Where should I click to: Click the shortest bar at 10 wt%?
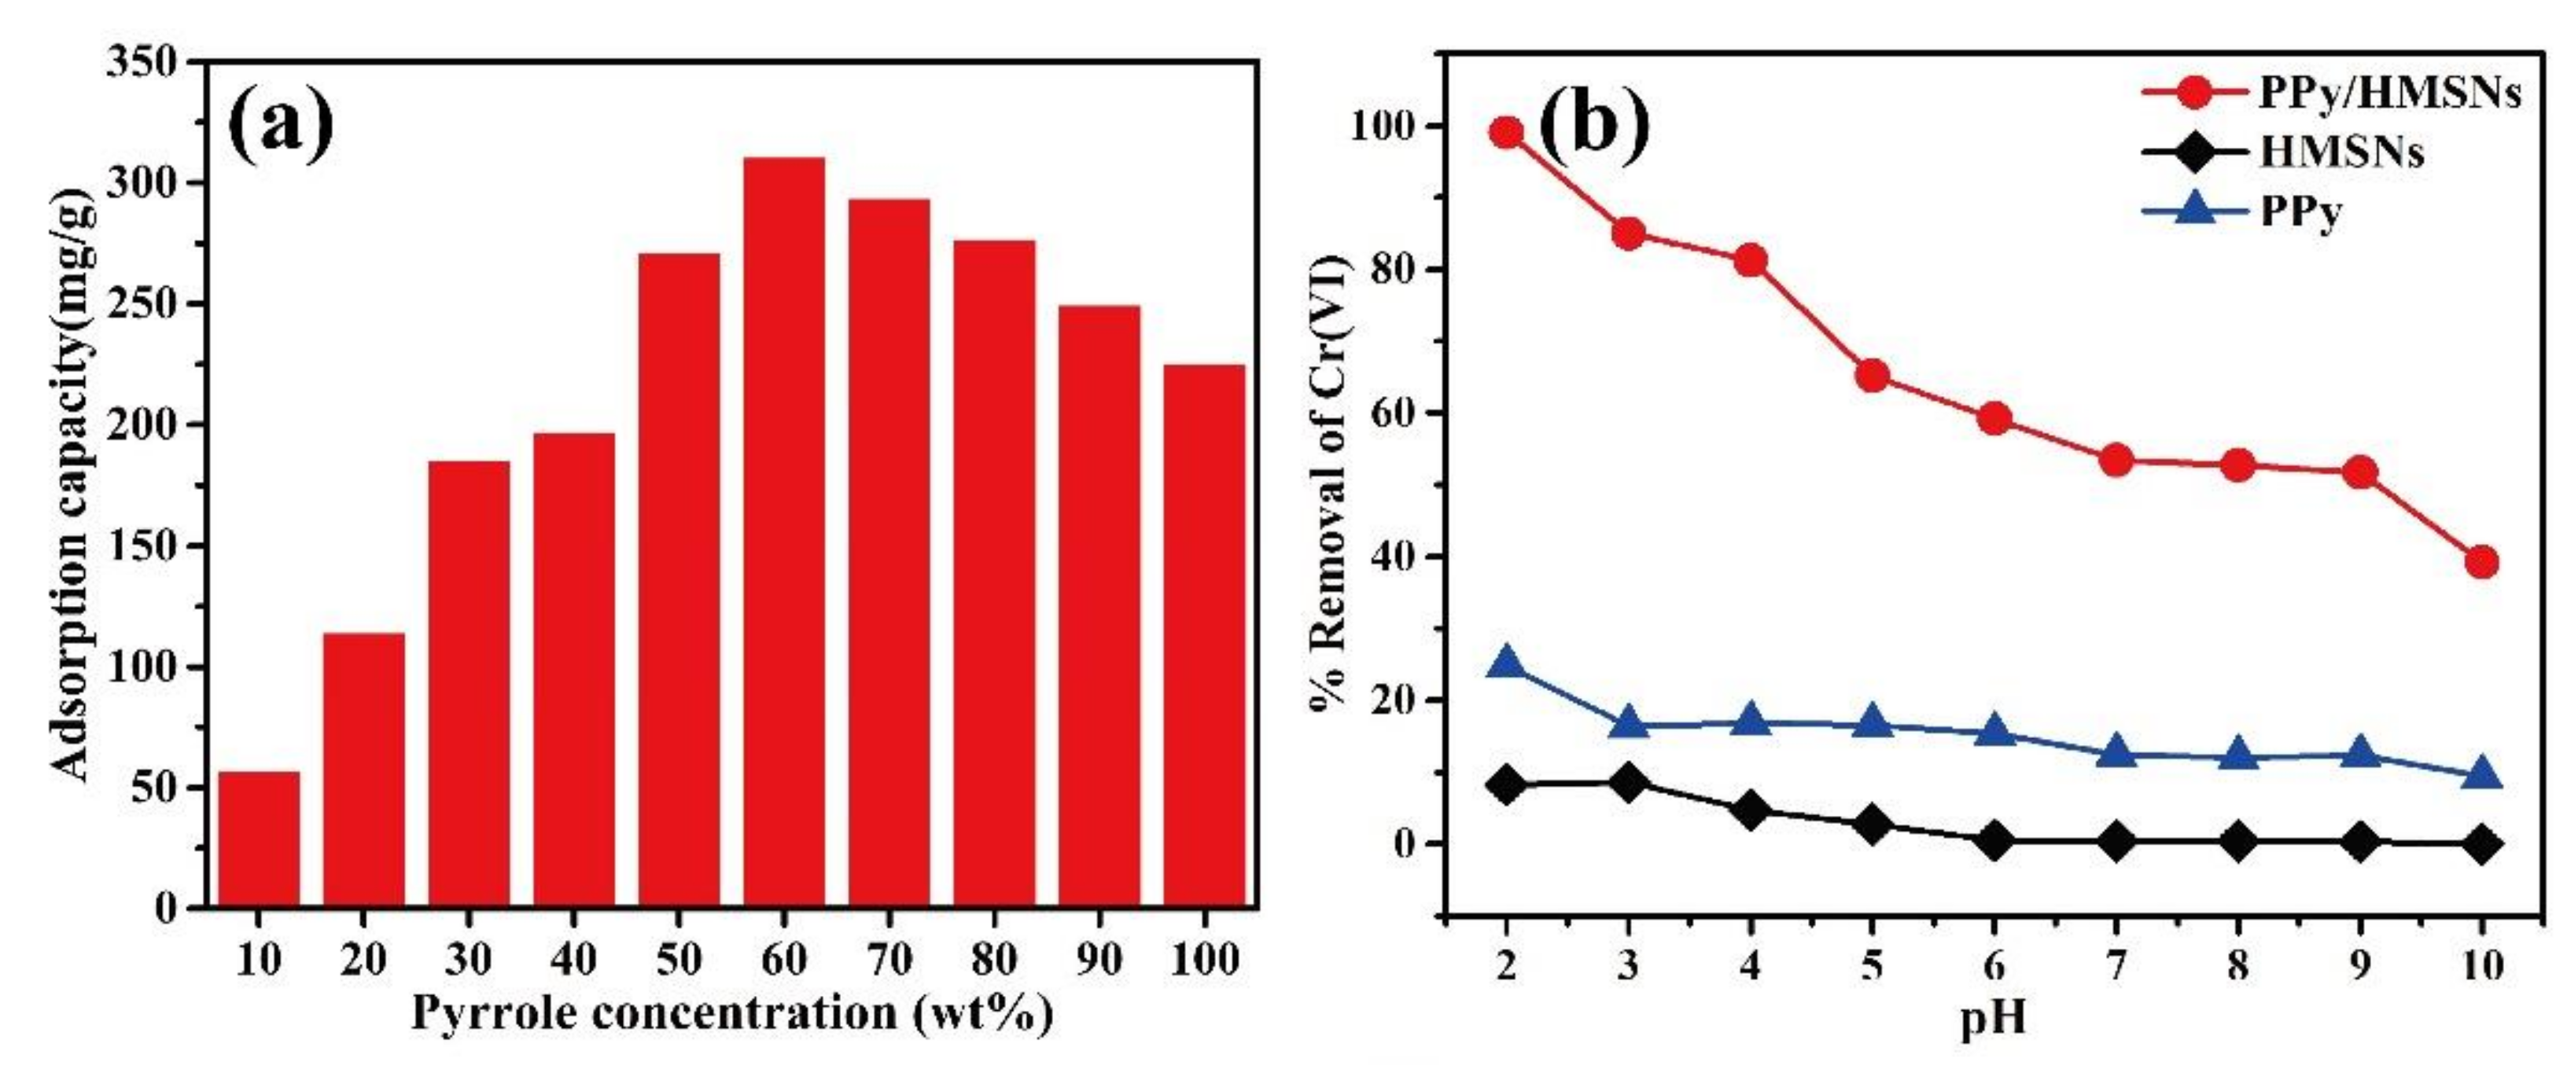pyautogui.click(x=258, y=839)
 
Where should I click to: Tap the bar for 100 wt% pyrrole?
pyautogui.click(x=1204, y=636)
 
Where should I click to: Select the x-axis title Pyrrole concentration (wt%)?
pyautogui.click(x=731, y=1014)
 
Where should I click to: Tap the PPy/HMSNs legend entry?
pyautogui.click(x=2332, y=93)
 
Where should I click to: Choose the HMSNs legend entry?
pyautogui.click(x=2282, y=152)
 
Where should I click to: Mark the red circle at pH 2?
pyautogui.click(x=1507, y=133)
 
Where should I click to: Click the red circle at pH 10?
pyautogui.click(x=2481, y=562)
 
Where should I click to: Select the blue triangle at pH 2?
pyautogui.click(x=1507, y=663)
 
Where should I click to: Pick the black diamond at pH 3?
pyautogui.click(x=1628, y=783)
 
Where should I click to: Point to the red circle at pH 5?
pyautogui.click(x=1873, y=376)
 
